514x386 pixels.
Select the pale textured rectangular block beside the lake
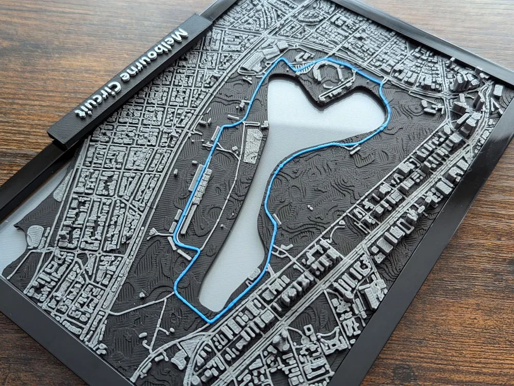(x=253, y=145)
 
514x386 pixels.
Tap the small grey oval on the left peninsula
(x=35, y=236)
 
